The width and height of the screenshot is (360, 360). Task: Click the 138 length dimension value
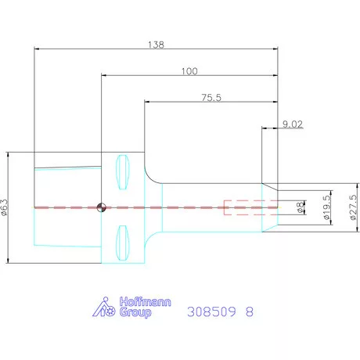coord(156,45)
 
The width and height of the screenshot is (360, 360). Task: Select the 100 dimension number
coord(189,71)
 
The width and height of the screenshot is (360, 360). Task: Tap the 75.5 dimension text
coord(211,98)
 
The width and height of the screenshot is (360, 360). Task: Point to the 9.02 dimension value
coord(293,124)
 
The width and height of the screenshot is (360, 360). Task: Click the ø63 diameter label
coord(5,207)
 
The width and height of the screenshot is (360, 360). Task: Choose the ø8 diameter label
coord(301,207)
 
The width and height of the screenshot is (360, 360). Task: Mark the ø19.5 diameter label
coord(326,207)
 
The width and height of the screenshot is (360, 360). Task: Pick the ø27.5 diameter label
coord(353,207)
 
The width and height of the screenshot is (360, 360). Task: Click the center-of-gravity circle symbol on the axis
coord(102,207)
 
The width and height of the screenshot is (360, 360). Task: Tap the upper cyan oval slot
coord(122,172)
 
